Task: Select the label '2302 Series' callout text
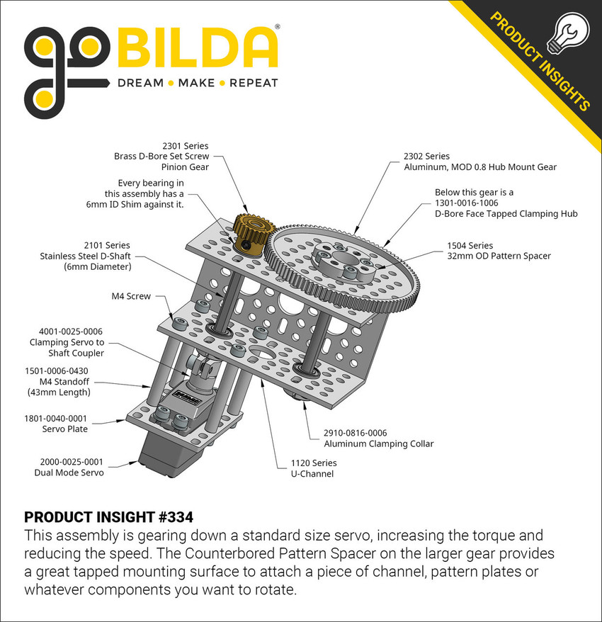point(426,156)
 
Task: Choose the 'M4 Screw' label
point(131,296)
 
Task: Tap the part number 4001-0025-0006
point(67,331)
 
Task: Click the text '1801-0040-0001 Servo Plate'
point(57,424)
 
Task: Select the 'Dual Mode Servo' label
point(69,473)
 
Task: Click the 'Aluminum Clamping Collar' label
point(378,444)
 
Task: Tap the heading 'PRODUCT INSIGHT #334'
point(108,516)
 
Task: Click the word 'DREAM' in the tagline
point(140,83)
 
